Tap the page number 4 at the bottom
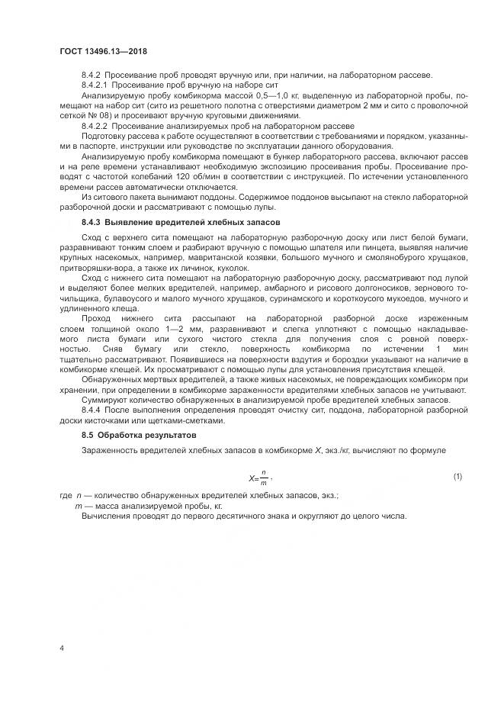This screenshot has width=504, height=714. point(61,648)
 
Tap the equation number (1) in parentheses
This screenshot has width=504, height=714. point(458,477)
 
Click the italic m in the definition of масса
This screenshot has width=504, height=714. point(78,506)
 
